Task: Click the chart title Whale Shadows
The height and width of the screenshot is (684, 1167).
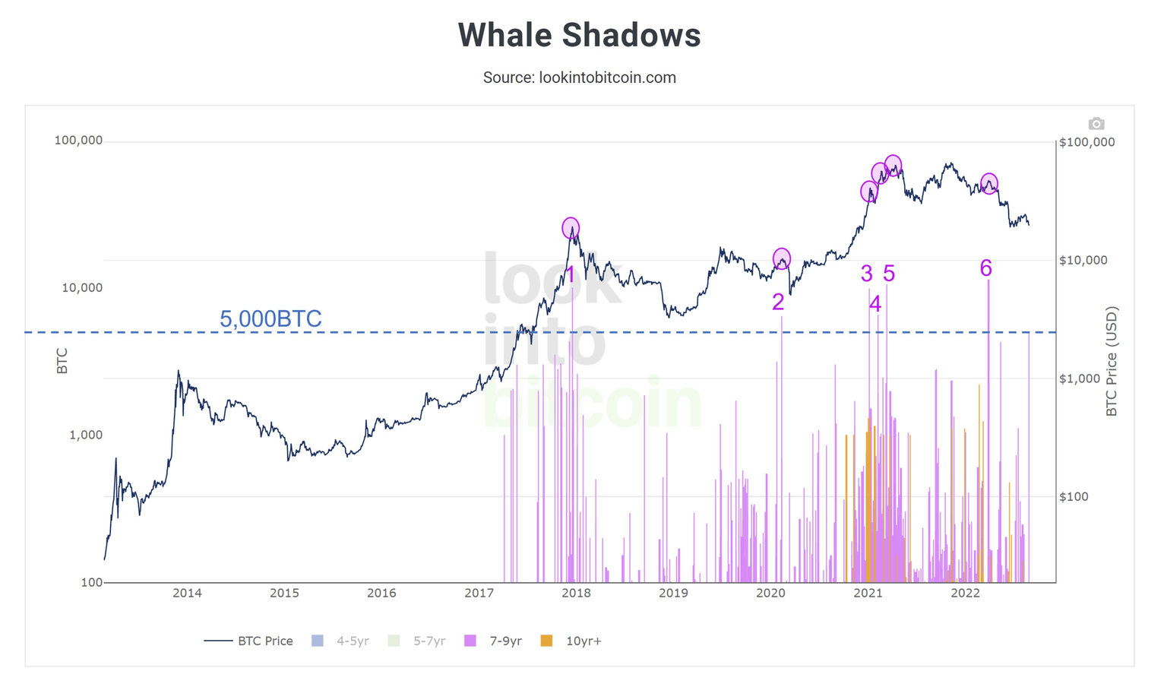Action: coord(579,36)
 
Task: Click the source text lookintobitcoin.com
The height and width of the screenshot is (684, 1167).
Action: coord(579,78)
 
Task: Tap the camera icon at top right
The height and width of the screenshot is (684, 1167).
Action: coord(1096,124)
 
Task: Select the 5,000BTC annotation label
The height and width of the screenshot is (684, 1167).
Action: coord(270,318)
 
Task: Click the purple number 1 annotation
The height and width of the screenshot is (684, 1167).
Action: coord(571,275)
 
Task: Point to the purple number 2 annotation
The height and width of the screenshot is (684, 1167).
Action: coord(778,302)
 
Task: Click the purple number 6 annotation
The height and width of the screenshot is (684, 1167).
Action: coord(985,268)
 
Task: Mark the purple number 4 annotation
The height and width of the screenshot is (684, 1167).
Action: coord(875,304)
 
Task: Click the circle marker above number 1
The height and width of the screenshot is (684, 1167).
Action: coord(571,228)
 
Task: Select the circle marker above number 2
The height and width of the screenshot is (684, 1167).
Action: coord(781,259)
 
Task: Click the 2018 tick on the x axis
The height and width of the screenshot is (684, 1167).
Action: coord(576,593)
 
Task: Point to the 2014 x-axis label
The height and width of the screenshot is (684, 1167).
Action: coord(187,593)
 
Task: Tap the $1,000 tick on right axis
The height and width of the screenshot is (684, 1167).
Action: coord(1083,378)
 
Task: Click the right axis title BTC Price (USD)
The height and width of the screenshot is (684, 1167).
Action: coord(1112,361)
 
